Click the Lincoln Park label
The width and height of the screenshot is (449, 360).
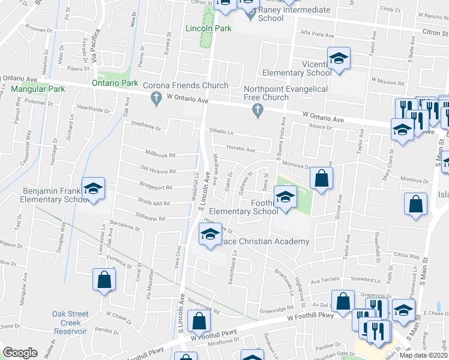[209, 28]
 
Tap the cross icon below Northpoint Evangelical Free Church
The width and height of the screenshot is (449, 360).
[258, 110]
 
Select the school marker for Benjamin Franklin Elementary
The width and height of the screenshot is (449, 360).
[93, 189]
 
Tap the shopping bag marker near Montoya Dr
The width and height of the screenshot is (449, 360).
[321, 178]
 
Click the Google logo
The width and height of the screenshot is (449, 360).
[20, 353]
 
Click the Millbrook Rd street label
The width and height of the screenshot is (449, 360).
[160, 154]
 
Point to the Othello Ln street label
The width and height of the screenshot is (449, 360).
[221, 131]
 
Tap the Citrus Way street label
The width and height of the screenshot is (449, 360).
[407, 256]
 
